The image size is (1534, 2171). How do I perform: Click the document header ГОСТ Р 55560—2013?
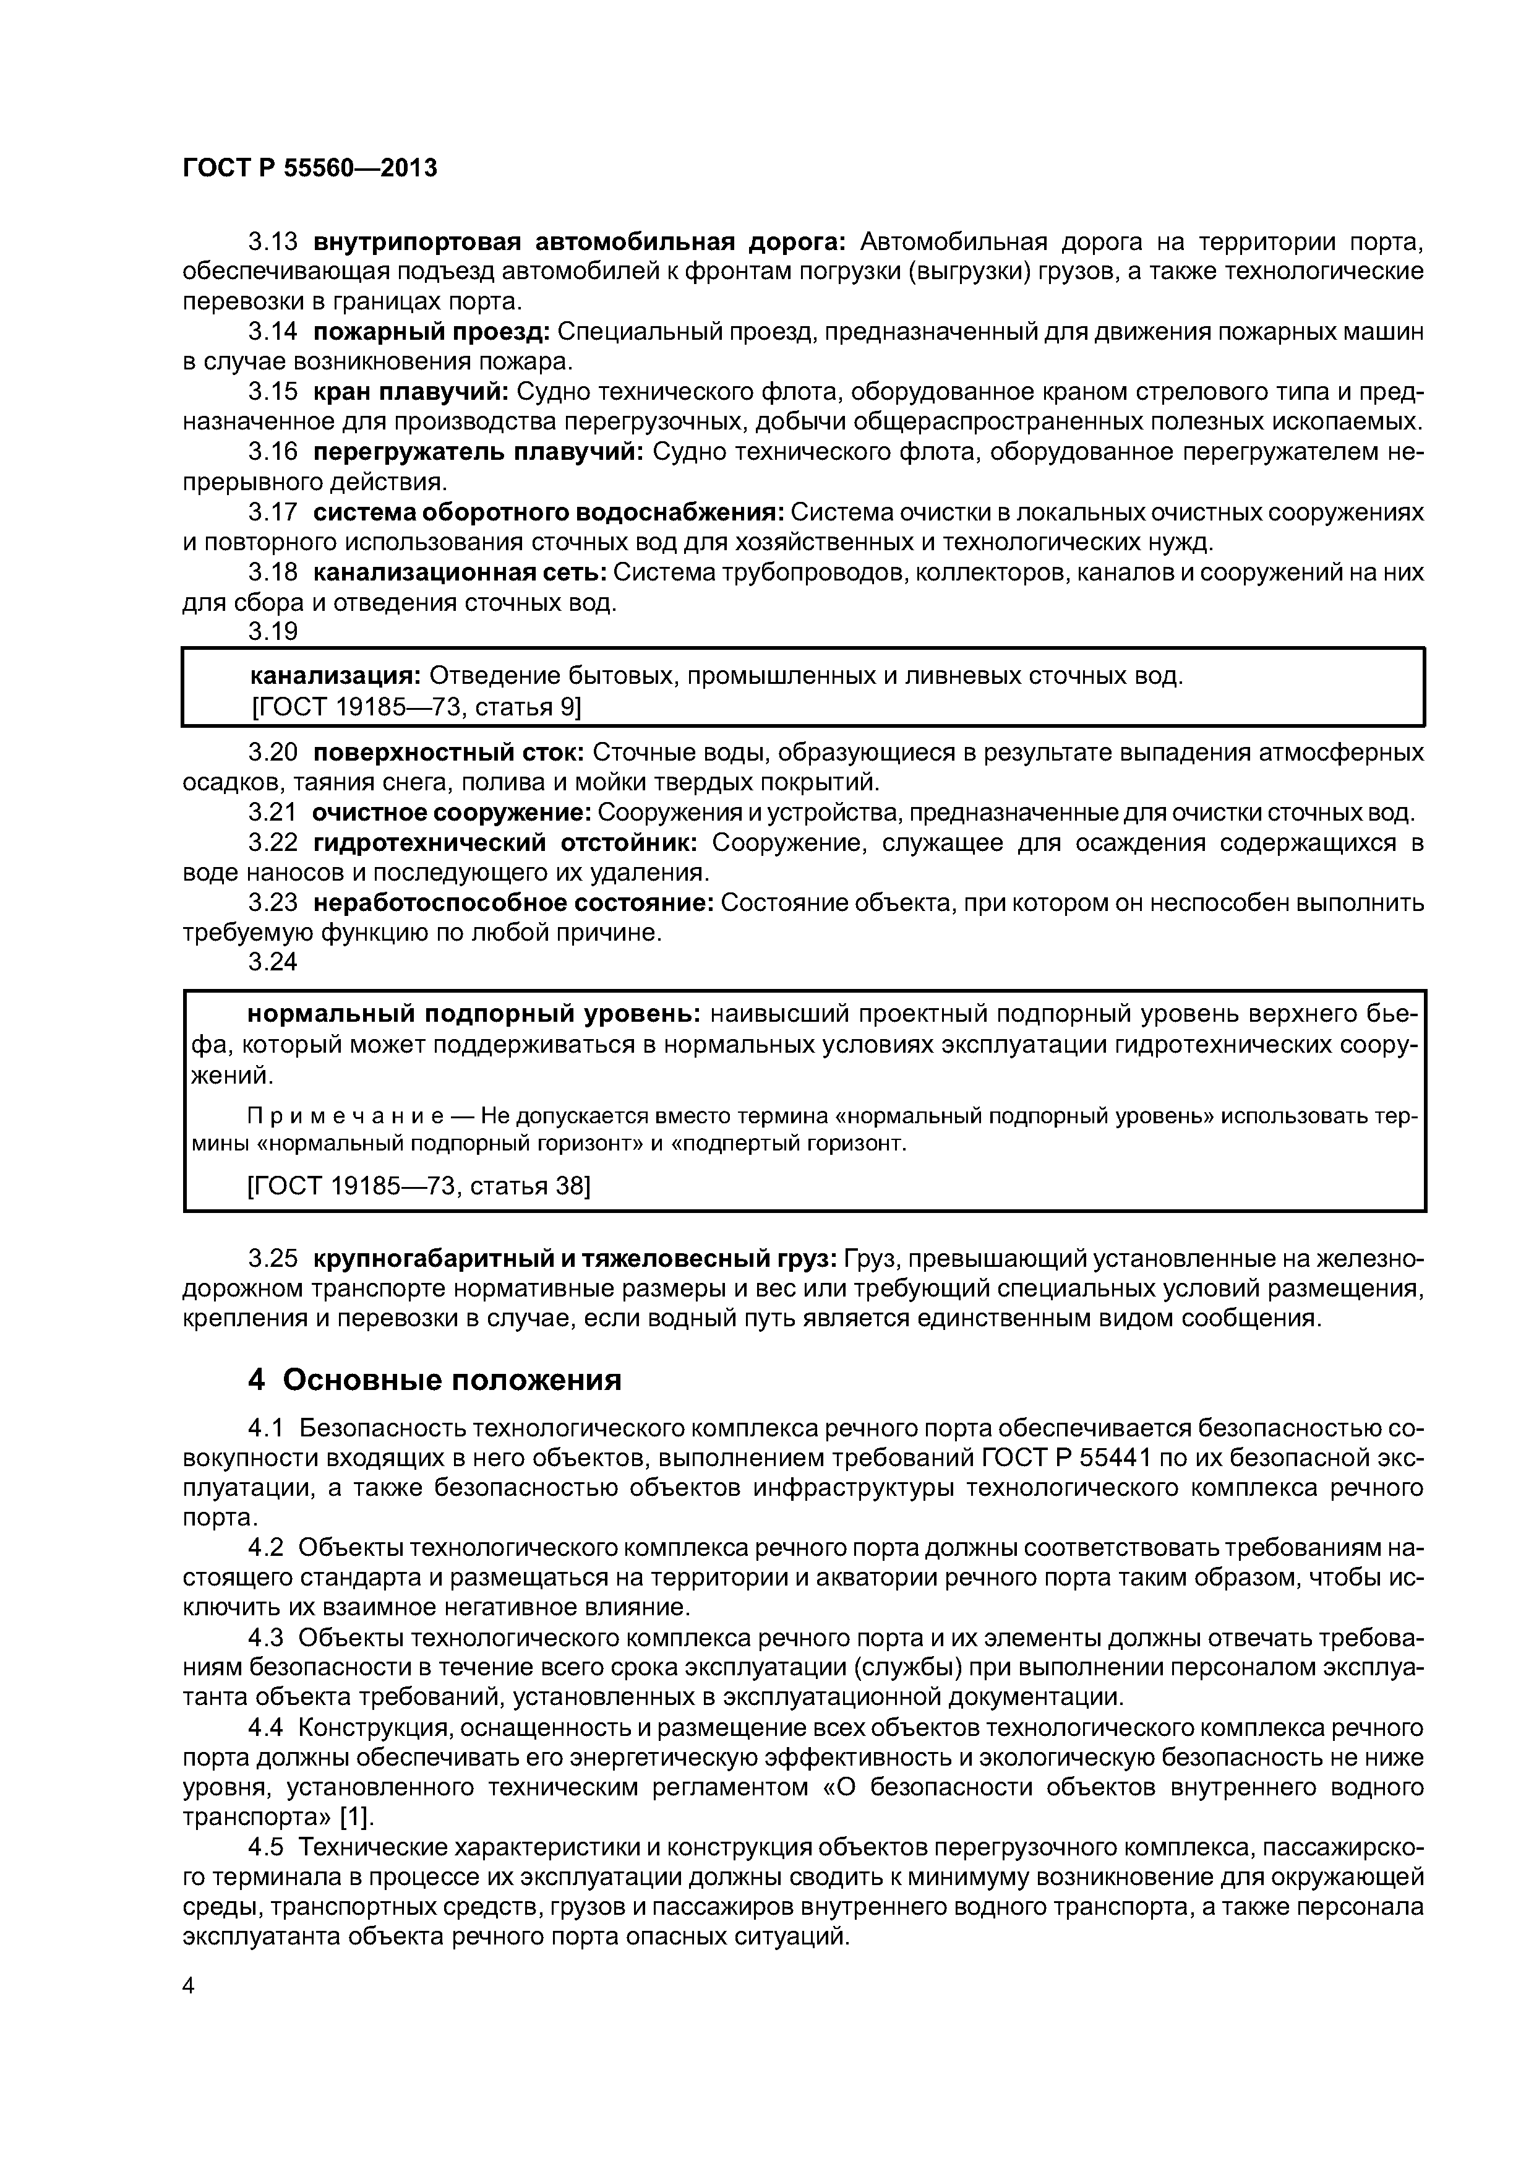click(309, 169)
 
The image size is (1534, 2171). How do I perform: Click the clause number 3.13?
click(272, 243)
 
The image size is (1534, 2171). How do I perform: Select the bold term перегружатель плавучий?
click(478, 452)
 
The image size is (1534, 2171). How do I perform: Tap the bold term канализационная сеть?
click(460, 573)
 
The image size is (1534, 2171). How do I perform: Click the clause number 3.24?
click(272, 962)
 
